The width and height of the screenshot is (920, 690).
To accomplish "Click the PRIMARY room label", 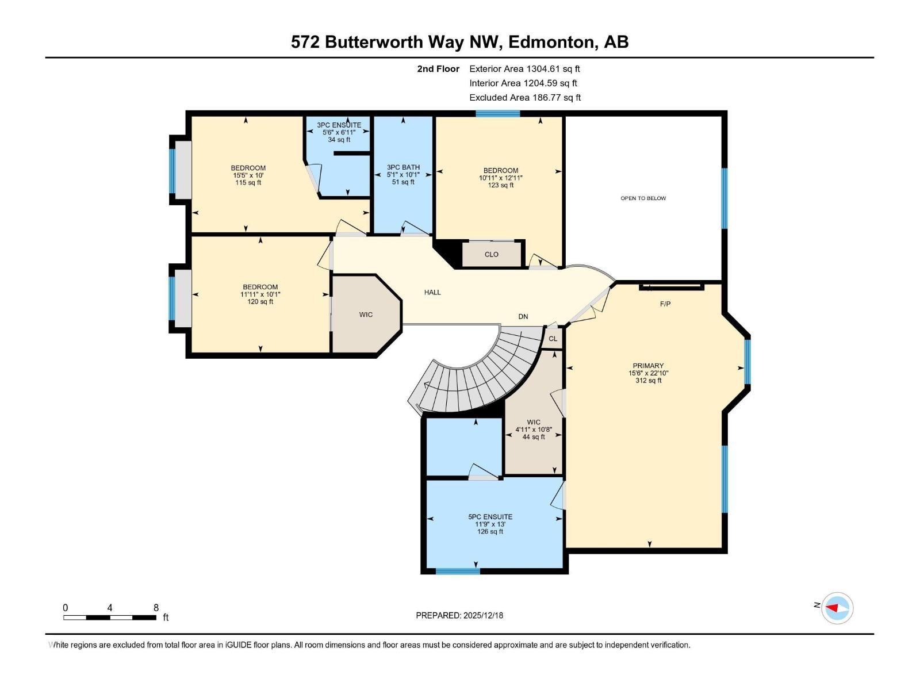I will coord(648,366).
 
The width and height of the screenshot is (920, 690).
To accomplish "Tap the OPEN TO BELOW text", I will coord(643,198).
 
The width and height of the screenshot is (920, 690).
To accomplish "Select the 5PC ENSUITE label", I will coord(490,517).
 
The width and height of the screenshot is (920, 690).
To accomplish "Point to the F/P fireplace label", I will coord(665,304).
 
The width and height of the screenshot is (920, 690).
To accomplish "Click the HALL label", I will coord(432,292).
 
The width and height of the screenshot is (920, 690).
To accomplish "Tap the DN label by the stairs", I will coord(523,316).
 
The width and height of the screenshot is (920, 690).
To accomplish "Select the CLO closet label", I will coord(491,254).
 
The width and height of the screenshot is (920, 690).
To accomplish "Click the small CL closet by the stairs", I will coord(553,339).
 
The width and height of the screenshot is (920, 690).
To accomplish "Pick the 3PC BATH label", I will coord(403,167).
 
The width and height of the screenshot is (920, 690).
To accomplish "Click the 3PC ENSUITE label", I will coord(339,125).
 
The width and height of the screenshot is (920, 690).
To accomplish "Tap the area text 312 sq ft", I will coord(648,381).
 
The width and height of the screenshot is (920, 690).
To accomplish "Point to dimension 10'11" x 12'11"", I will coord(501,178).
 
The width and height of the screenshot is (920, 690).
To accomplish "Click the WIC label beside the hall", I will coord(366,315).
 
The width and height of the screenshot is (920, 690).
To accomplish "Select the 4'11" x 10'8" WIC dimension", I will coord(534,430).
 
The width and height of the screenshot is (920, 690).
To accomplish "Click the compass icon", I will coord(837,608).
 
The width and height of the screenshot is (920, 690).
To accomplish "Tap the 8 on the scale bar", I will coord(156,608).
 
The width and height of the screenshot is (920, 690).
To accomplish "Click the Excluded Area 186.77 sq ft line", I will coord(524,98).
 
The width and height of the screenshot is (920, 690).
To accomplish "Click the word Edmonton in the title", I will coord(552,42).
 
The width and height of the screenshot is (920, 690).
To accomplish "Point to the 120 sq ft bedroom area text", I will coord(260,302).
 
